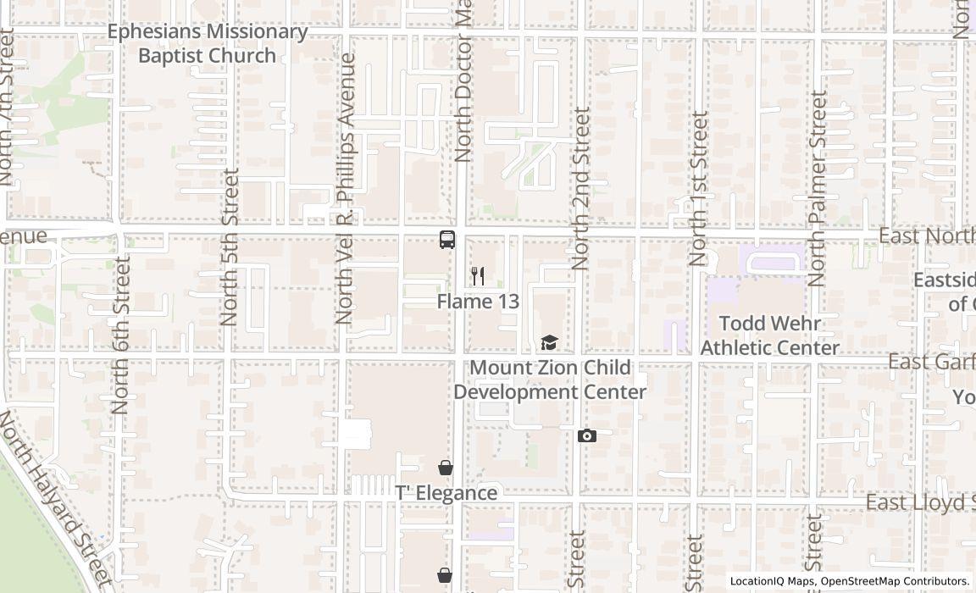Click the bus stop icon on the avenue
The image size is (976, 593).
(x=447, y=240)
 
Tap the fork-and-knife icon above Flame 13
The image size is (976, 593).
(x=478, y=276)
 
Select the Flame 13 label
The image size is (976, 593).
(x=478, y=302)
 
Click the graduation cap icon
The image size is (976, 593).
(x=550, y=343)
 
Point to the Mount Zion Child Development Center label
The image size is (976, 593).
(x=550, y=380)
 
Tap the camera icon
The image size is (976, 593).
(x=586, y=436)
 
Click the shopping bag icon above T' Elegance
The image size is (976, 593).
(x=446, y=468)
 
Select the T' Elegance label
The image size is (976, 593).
(x=446, y=493)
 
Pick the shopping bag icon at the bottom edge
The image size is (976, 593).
(x=445, y=576)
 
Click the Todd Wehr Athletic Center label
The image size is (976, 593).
(x=769, y=335)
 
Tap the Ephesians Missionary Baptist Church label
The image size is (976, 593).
(x=208, y=44)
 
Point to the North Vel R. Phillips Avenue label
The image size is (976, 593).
(x=345, y=188)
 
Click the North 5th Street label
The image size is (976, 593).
(x=229, y=247)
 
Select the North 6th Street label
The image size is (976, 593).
(x=120, y=335)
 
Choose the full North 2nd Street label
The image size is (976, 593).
(x=580, y=188)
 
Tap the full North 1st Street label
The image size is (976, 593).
(x=697, y=188)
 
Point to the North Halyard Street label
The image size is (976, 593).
(x=56, y=500)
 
